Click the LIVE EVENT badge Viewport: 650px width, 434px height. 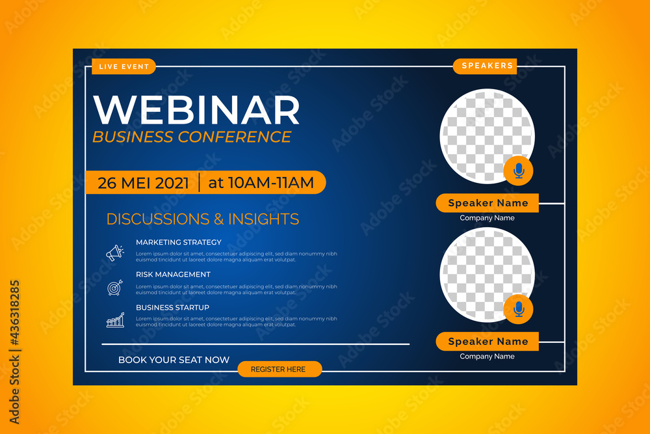click(x=123, y=66)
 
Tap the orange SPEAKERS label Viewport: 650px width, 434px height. click(x=487, y=66)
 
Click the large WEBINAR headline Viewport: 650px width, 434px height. click(x=197, y=110)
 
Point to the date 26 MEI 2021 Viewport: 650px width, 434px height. click(x=143, y=183)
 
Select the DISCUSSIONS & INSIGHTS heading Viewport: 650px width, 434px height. click(x=203, y=219)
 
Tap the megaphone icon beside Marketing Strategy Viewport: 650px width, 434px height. click(x=115, y=252)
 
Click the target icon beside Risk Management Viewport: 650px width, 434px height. click(x=115, y=286)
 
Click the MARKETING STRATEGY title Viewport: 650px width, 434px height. click(x=179, y=242)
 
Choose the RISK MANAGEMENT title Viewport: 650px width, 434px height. click(x=173, y=275)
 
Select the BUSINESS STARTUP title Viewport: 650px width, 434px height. click(x=172, y=307)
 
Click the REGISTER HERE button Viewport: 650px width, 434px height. click(x=279, y=369)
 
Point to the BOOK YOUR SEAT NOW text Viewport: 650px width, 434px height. click(x=174, y=360)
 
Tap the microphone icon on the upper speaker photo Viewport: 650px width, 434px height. click(x=518, y=170)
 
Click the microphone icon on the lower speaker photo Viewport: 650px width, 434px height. click(x=518, y=309)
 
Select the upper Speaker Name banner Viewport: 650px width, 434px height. click(x=487, y=203)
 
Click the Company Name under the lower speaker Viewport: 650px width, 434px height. click(x=487, y=357)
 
